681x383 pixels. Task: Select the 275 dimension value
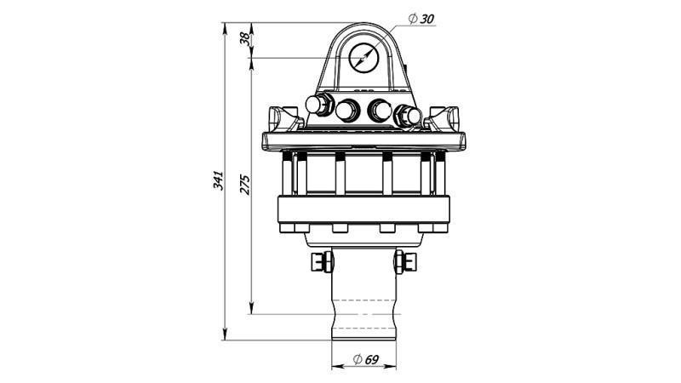(245, 186)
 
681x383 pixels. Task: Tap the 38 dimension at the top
(245, 39)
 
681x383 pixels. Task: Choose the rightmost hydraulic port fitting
(407, 113)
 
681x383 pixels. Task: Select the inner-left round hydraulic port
(347, 110)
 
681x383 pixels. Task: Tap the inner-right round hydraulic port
(380, 110)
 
